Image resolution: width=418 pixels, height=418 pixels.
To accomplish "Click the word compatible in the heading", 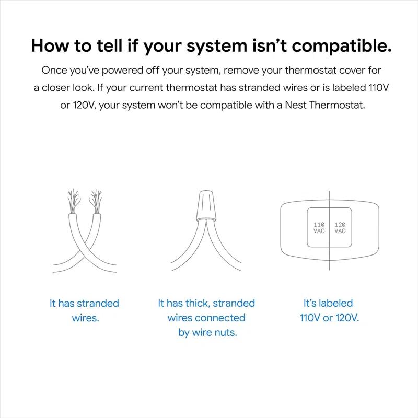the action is click(x=342, y=46).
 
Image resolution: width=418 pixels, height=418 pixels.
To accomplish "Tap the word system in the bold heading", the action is click(x=217, y=47).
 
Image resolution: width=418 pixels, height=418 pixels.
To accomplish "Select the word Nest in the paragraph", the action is click(x=296, y=105).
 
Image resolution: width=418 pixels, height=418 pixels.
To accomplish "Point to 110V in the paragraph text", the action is click(x=379, y=88).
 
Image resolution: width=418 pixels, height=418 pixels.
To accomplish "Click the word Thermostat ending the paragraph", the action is click(x=337, y=105).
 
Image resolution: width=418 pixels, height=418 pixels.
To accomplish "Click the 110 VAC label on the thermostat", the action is click(x=319, y=228).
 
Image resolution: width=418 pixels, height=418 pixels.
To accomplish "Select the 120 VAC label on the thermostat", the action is click(x=340, y=228).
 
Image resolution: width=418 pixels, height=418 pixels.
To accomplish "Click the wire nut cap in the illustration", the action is click(x=206, y=205).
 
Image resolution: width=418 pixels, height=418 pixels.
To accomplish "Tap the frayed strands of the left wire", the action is click(x=73, y=201).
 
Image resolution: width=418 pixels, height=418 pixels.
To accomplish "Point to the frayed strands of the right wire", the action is click(x=96, y=201).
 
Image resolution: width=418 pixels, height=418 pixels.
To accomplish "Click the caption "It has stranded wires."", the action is click(x=85, y=310).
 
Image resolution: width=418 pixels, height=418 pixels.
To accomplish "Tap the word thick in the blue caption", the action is click(x=198, y=303).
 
